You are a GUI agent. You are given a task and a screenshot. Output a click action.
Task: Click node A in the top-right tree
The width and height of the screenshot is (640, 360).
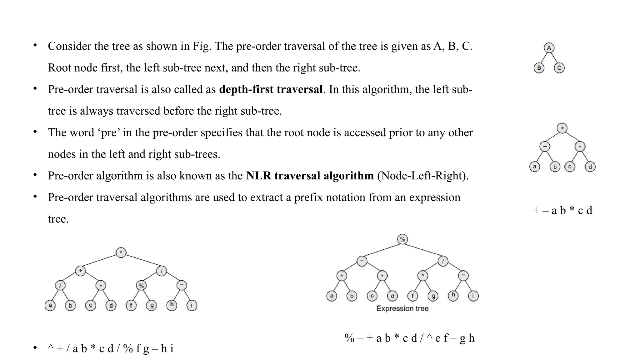[x=549, y=48]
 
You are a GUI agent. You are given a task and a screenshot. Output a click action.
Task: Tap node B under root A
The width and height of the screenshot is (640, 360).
[x=539, y=68]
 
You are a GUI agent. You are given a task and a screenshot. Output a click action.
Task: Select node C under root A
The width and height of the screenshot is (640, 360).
[x=559, y=68]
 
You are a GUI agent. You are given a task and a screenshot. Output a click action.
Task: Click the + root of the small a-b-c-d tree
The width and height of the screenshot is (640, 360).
[x=562, y=128]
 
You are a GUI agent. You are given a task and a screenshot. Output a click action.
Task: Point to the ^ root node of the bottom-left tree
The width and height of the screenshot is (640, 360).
[x=121, y=252]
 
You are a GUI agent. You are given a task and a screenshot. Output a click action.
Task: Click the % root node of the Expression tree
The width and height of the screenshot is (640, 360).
[x=402, y=239]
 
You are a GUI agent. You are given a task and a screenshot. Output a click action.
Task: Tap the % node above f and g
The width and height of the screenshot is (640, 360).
[x=141, y=285]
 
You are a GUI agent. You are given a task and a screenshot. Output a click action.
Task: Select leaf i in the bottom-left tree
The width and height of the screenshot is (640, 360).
[x=192, y=305]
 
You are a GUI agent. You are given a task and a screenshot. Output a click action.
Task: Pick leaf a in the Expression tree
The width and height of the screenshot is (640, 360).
[x=332, y=296]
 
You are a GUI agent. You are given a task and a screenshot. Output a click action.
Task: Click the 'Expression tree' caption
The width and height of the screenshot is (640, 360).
[x=402, y=309]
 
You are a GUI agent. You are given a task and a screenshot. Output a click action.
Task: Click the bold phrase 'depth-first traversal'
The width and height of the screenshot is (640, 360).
[x=271, y=89]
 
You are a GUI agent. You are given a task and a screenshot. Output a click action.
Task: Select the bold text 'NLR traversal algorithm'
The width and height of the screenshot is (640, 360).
[x=310, y=176]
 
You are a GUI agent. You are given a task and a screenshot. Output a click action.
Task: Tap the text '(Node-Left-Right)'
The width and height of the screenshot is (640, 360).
[x=422, y=176]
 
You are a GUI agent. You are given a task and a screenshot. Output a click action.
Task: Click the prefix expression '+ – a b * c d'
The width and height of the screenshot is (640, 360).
[x=562, y=210]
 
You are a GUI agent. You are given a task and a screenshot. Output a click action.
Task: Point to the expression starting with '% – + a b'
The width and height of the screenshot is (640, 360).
[x=409, y=338]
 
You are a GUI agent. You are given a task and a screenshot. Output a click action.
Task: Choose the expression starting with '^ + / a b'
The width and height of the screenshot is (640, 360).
[x=111, y=348]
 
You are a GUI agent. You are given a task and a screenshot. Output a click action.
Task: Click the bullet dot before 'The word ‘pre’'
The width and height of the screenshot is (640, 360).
[x=35, y=132]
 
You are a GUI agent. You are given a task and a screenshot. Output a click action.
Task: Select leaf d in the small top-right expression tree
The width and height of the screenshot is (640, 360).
[x=590, y=167]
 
